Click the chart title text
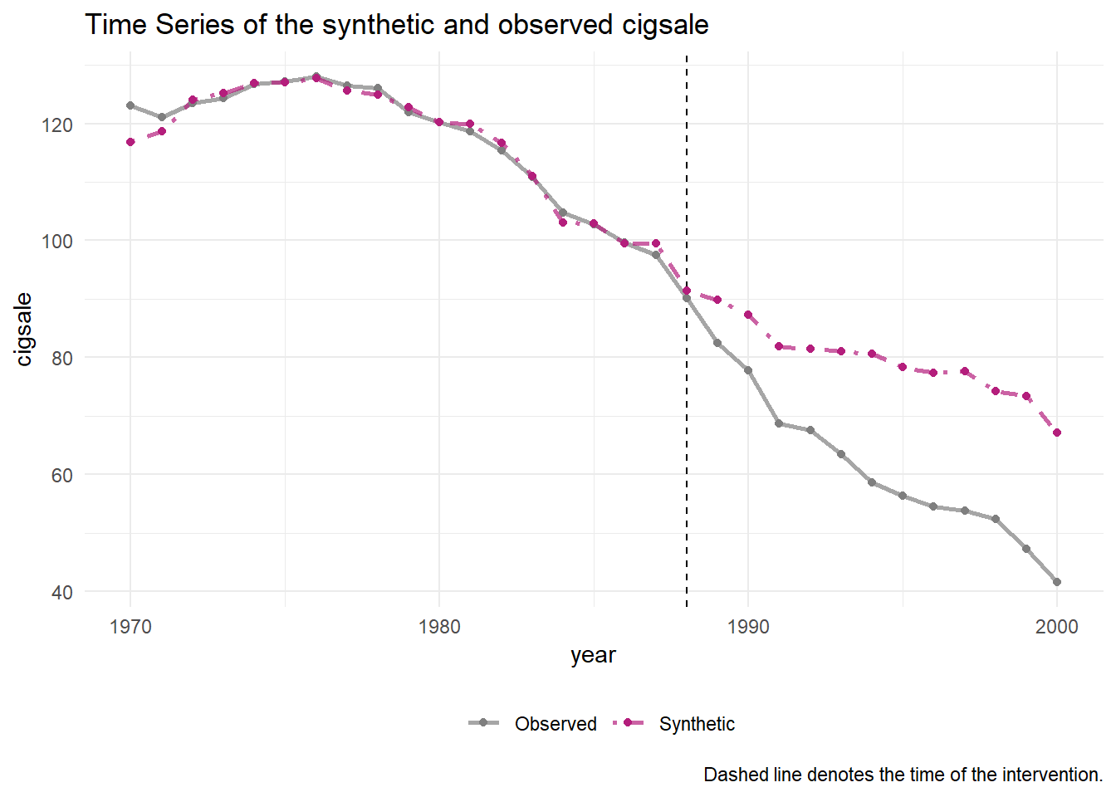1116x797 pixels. [x=396, y=25]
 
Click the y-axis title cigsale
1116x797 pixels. [x=24, y=329]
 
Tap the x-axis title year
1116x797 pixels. [x=593, y=655]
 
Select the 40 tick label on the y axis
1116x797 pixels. [x=62, y=593]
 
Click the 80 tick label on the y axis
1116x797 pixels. [x=62, y=359]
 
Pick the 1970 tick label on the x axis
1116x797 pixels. [x=130, y=627]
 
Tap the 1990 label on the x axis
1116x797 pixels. [x=748, y=627]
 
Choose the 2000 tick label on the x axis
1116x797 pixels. [x=1056, y=627]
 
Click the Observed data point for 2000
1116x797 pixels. [x=1057, y=582]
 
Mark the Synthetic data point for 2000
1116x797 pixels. [x=1057, y=433]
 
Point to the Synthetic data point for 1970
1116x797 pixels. [x=130, y=142]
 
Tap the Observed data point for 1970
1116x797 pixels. [x=130, y=105]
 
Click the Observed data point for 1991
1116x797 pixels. [x=779, y=423]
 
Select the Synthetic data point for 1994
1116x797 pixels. [x=872, y=354]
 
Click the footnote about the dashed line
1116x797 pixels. [x=903, y=775]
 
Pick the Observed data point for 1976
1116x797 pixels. [x=316, y=76]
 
